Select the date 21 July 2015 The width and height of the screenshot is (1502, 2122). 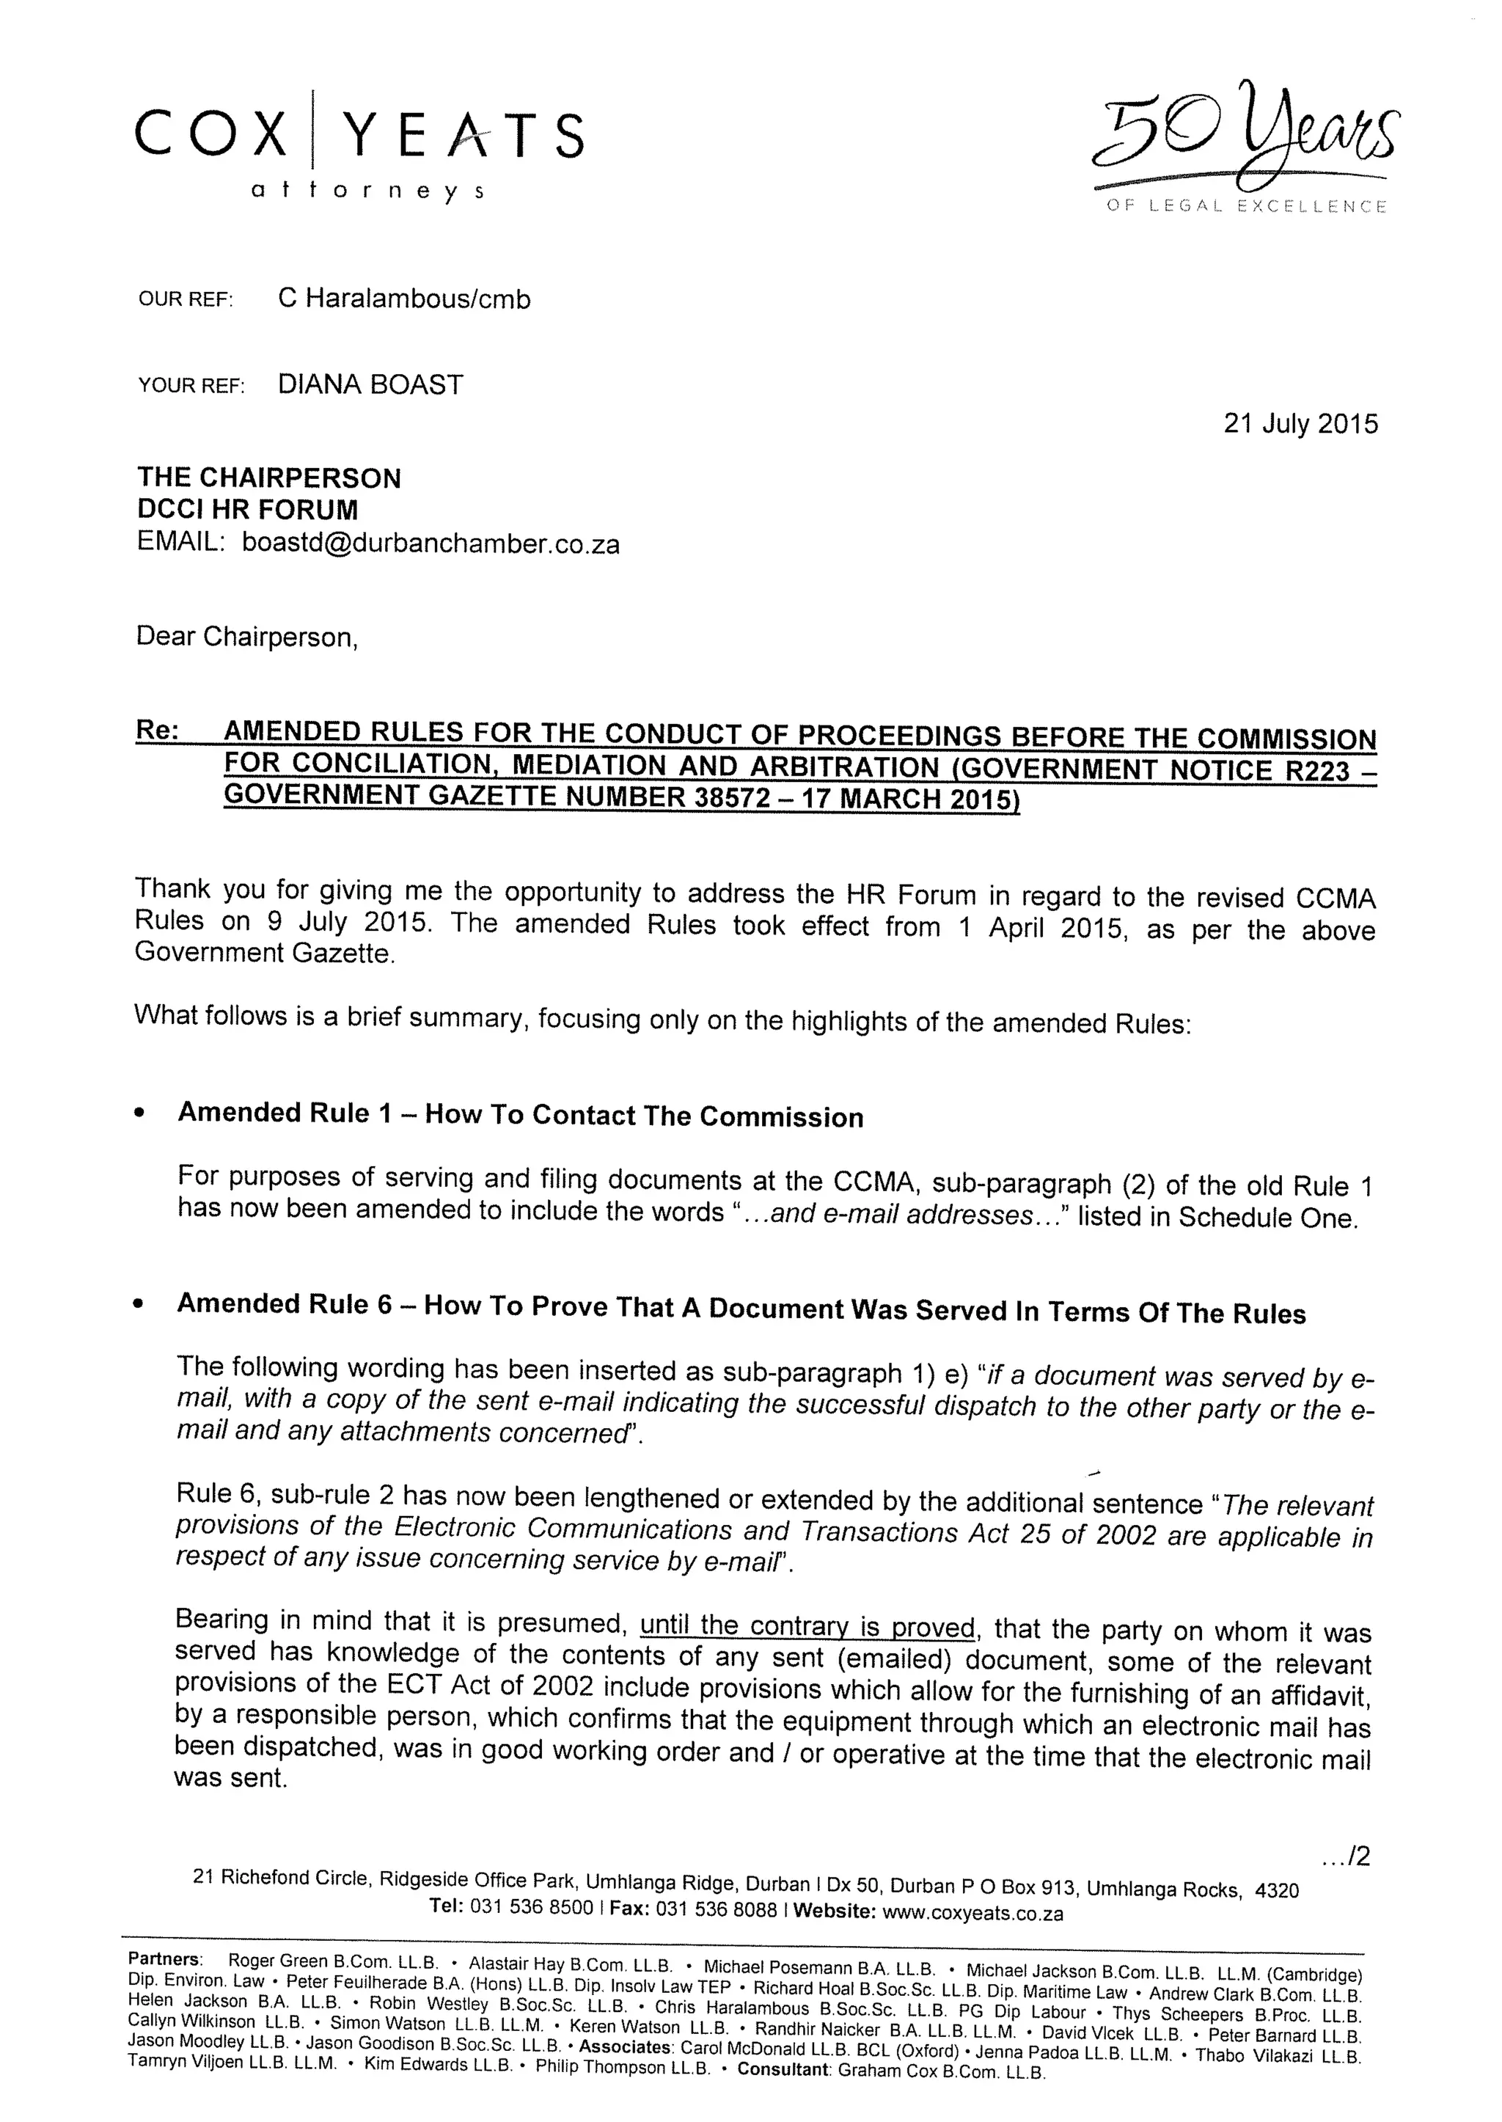pos(1300,424)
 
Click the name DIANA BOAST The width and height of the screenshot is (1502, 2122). pos(370,385)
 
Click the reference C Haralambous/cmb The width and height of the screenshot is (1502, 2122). pos(404,299)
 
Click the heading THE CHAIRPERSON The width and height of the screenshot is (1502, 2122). pos(269,478)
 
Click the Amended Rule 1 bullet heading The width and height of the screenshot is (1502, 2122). pos(520,1115)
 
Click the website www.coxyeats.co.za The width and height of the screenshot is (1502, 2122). pos(973,1913)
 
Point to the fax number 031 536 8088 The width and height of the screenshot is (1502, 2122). pos(716,1910)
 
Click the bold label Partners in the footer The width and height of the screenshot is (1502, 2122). pos(164,1958)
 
